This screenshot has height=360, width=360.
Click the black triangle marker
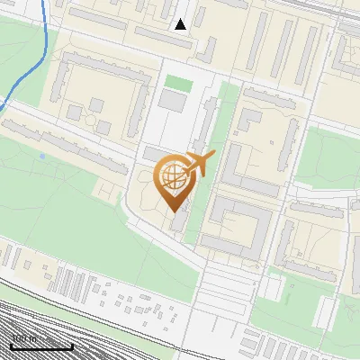pos(181,24)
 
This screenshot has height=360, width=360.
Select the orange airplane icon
pos(202,163)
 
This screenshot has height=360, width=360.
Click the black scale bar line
pos(41,346)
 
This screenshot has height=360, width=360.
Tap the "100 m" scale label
pos(23,338)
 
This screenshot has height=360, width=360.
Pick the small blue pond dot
pos(41,157)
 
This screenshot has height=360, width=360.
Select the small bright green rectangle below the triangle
pos(178,82)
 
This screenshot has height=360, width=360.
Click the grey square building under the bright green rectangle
pos(171,101)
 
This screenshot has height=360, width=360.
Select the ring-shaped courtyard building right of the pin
pos(236,225)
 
